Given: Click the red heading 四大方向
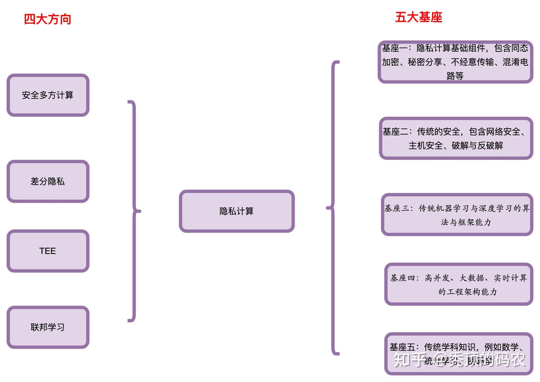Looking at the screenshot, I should [x=48, y=19].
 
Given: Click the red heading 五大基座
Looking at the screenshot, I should [x=418, y=17].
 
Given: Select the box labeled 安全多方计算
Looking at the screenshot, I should [x=48, y=95].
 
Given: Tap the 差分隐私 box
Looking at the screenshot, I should [x=48, y=182].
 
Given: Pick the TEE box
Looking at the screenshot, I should [x=48, y=251].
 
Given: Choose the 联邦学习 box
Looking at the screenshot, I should [x=48, y=327].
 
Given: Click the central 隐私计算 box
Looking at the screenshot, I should [x=237, y=211].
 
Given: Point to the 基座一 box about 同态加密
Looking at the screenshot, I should [x=455, y=62].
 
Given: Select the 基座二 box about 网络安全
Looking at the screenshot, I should [x=456, y=138].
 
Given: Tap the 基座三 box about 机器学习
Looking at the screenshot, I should [x=457, y=215].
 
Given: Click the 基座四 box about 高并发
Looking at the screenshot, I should [x=459, y=284].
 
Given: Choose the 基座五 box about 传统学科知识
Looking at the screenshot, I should [x=459, y=353].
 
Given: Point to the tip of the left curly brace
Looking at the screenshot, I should [x=139, y=211].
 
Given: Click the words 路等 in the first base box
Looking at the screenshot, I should [x=455, y=76].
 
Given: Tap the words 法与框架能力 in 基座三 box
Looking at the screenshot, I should [x=466, y=222].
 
